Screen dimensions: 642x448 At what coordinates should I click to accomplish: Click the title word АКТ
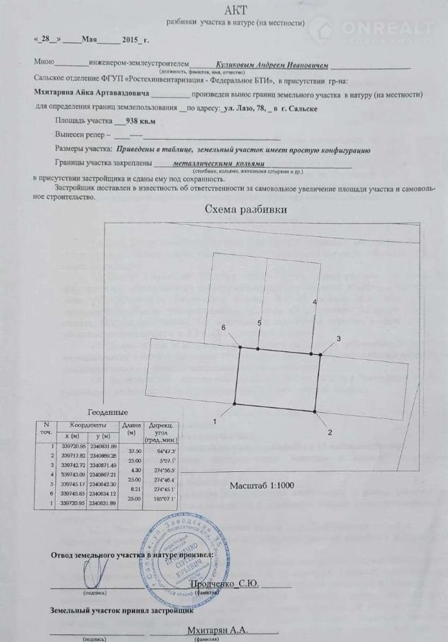point(234,10)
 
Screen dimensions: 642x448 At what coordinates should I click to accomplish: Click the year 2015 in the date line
point(131,42)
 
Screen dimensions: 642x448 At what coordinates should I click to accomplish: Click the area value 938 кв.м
point(140,121)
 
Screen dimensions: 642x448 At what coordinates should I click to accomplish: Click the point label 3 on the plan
point(338,339)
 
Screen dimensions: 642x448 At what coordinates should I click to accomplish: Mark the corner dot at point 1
point(235,403)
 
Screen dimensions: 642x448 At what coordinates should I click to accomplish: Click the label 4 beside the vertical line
point(315,302)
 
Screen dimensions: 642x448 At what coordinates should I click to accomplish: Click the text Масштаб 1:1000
point(261,485)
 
